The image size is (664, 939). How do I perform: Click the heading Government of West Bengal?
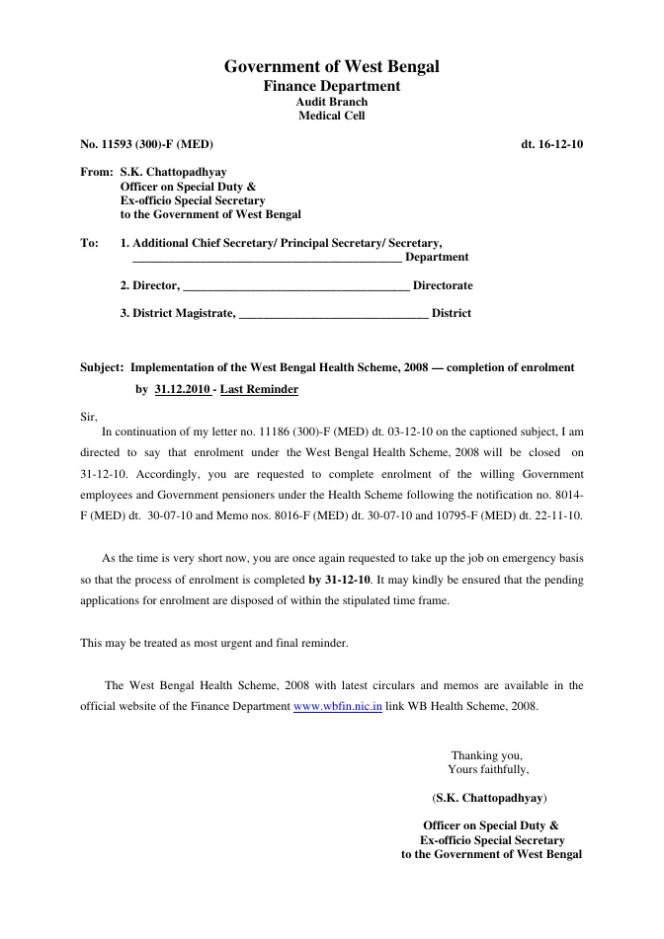click(x=331, y=67)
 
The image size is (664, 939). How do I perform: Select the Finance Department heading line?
click(x=331, y=87)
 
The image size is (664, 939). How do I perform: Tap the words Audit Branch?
click(x=331, y=102)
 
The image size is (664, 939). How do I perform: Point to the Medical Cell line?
click(x=331, y=116)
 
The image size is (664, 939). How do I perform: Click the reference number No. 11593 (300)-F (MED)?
click(x=146, y=144)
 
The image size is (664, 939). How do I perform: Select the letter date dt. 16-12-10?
click(x=551, y=144)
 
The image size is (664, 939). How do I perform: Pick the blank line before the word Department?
click(x=267, y=259)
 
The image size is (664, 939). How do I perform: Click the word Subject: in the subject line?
click(x=102, y=367)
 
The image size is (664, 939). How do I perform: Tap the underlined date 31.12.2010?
click(x=183, y=390)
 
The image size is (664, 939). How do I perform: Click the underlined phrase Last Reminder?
click(x=259, y=390)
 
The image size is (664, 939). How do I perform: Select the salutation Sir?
click(x=89, y=417)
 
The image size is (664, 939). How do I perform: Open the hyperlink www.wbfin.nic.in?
click(x=338, y=708)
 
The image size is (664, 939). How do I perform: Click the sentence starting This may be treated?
click(x=213, y=643)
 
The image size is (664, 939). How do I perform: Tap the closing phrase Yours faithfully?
click(x=488, y=769)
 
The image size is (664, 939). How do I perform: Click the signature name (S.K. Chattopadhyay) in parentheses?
click(x=490, y=797)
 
